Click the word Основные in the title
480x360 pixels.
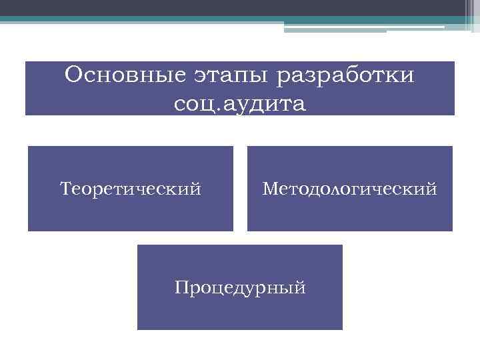pyautogui.click(x=115, y=75)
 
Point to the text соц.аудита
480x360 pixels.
pyautogui.click(x=239, y=103)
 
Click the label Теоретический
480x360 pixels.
pyautogui.click(x=131, y=189)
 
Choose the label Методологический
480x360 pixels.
pyautogui.click(x=350, y=189)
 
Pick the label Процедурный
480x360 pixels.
pyautogui.click(x=240, y=288)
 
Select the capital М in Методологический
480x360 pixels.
pyautogui.click(x=269, y=189)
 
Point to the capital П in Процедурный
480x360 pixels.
pyautogui.click(x=181, y=288)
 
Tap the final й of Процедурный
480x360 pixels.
pyautogui.click(x=301, y=288)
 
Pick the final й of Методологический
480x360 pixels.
pyautogui.click(x=433, y=189)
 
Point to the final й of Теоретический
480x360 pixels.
pyautogui.click(x=196, y=189)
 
